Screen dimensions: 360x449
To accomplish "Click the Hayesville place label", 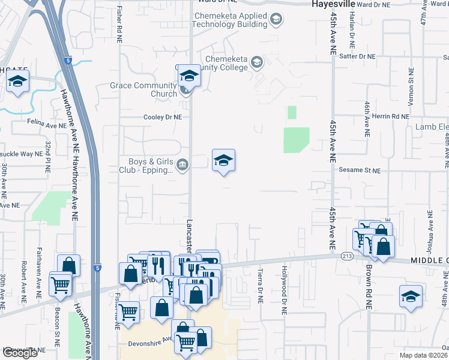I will (x=333, y=4).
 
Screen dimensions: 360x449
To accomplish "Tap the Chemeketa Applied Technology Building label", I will (x=229, y=20).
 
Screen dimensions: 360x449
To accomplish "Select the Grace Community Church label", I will (x=143, y=89).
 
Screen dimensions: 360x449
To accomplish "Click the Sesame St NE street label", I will (x=360, y=170).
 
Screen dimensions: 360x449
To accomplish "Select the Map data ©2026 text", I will (x=424, y=355).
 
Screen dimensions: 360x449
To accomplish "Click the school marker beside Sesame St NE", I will (x=223, y=161).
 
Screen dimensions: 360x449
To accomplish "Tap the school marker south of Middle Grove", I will (x=411, y=296).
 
